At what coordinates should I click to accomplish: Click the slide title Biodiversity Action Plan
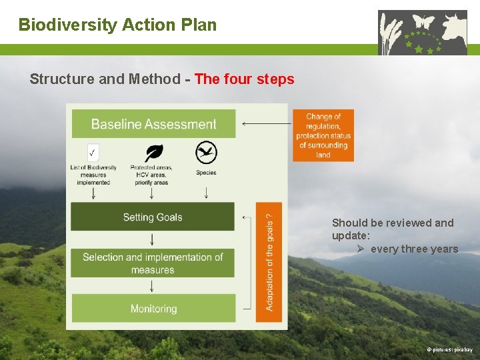point(117,25)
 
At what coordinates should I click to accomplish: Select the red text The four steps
point(244,79)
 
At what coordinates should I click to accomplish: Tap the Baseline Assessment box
point(153,124)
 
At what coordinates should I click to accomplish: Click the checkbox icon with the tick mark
point(93,151)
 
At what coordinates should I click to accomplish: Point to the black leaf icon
point(153,152)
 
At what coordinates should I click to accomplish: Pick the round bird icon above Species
point(206,153)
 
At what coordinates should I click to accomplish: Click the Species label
point(206,173)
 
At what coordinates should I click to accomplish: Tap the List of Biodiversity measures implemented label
point(93,175)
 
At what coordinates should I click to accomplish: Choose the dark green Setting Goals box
point(153,217)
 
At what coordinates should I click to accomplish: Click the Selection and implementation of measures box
point(153,263)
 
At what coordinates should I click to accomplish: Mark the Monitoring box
point(153,309)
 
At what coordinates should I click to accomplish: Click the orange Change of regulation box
point(323,135)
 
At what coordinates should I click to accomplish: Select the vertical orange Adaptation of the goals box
point(269,261)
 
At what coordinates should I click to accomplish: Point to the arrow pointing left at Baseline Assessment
point(266,124)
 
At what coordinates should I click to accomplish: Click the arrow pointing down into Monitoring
point(153,285)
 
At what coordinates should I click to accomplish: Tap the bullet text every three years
point(414,249)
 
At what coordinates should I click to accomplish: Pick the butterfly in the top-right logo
point(423,22)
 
